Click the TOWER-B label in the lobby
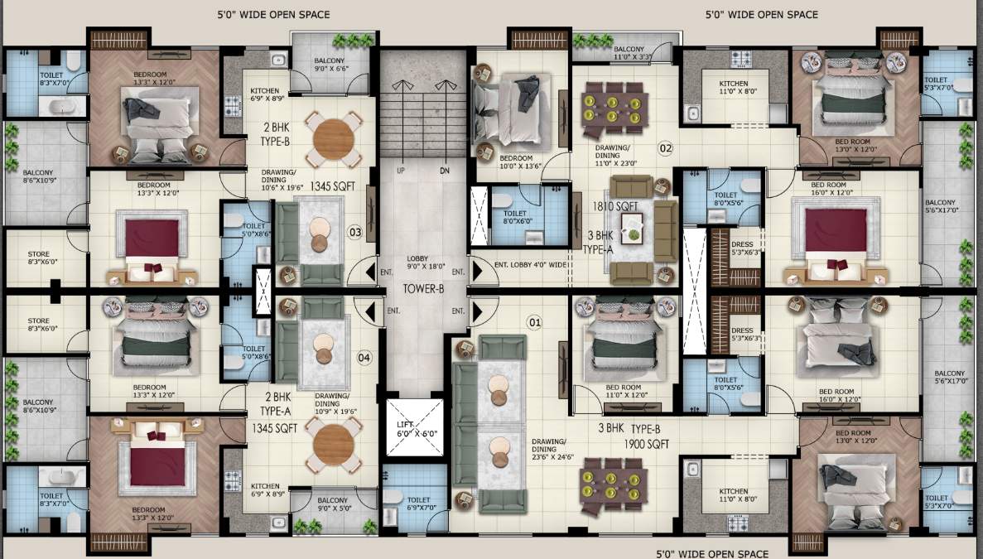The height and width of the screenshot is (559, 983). coord(425,289)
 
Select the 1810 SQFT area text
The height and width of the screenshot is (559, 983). coord(614,205)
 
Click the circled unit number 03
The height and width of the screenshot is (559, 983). coord(355,233)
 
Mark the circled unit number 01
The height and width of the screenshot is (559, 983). coord(534,321)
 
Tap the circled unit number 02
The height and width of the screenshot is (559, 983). coord(665,148)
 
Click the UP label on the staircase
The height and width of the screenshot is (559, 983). coord(400,171)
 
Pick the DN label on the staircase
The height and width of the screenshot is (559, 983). coord(446,171)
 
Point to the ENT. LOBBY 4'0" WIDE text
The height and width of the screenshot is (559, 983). coord(530,266)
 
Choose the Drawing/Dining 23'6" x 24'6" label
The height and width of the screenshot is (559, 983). coord(548,447)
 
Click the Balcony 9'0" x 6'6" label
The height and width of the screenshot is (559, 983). coord(332,66)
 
